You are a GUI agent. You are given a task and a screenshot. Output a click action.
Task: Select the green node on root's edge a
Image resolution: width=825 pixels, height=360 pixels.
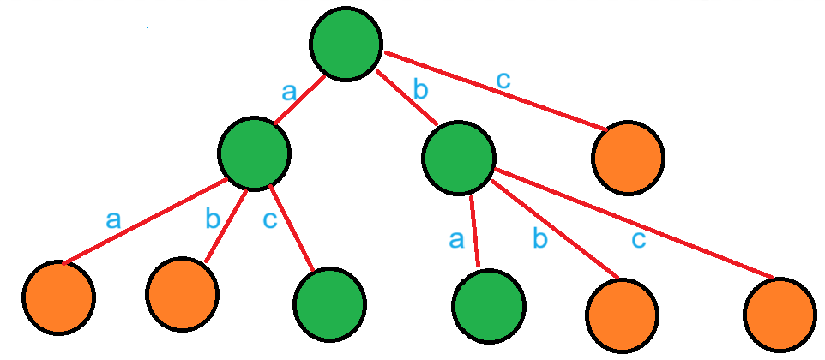(253, 153)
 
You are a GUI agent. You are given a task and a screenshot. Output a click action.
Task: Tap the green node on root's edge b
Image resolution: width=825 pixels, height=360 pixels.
(459, 156)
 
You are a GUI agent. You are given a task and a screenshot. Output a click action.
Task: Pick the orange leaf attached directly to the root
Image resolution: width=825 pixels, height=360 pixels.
(628, 159)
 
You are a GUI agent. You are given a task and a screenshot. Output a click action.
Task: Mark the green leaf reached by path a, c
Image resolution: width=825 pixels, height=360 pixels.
(329, 305)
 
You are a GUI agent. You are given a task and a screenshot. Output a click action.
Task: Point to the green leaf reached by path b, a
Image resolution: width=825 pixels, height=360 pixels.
(488, 306)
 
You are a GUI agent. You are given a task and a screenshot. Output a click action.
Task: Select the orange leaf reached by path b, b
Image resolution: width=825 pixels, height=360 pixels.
(623, 312)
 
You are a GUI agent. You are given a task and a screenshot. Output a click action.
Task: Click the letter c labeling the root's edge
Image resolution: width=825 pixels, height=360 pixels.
(503, 80)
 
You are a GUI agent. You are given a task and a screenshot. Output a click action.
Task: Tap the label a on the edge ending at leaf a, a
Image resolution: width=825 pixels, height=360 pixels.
(113, 219)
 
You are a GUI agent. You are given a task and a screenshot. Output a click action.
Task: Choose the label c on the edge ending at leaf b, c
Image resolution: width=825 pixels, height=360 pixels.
(638, 239)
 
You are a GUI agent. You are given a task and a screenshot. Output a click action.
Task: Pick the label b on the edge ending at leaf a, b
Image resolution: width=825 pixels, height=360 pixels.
(213, 219)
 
